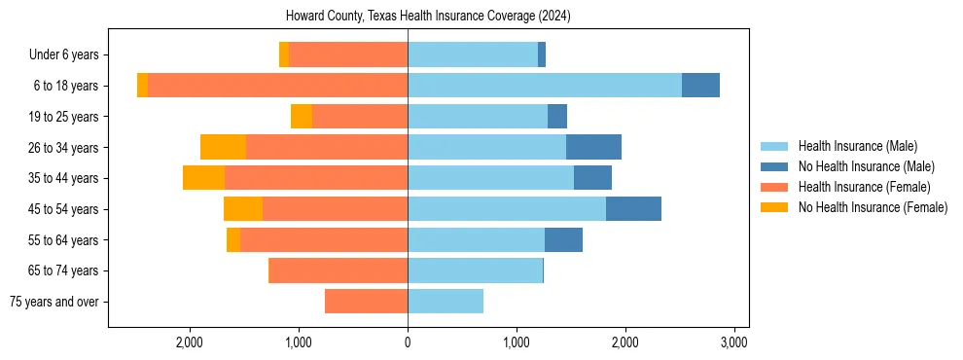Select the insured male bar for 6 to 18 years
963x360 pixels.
pos(545,85)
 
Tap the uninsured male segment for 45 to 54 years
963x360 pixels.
pos(633,208)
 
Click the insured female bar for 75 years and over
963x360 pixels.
pos(366,301)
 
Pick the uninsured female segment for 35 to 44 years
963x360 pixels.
pos(203,178)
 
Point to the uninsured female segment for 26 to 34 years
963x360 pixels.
pos(223,147)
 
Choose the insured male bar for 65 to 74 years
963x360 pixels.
pos(475,270)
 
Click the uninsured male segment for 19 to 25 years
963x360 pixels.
pos(557,116)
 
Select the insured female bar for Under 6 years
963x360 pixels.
pos(348,54)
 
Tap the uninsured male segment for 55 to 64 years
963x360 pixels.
pos(563,239)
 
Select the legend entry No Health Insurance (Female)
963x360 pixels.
pos(873,207)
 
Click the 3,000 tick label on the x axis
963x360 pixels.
pos(733,342)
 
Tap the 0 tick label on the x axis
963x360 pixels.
pos(408,342)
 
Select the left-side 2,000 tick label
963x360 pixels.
pos(189,342)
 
